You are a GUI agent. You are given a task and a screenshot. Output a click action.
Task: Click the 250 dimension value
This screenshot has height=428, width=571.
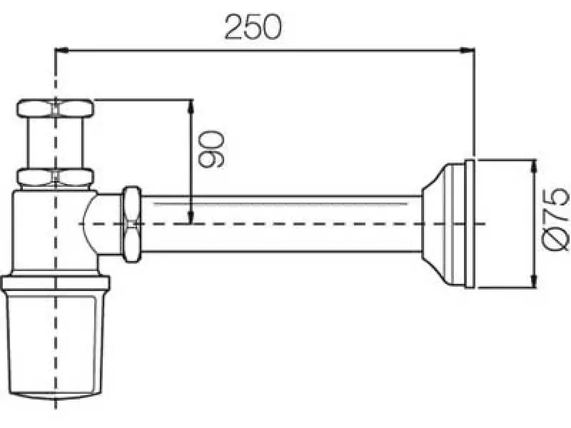(x=253, y=27)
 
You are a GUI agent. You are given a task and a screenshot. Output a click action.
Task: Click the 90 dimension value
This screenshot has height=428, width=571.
(x=211, y=148)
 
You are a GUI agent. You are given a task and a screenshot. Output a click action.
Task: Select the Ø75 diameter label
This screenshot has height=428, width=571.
(x=555, y=219)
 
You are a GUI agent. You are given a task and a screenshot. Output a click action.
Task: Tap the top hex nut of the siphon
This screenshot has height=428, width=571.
(x=55, y=111)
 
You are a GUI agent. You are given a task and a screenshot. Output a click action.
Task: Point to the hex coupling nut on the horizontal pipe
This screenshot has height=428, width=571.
(x=132, y=223)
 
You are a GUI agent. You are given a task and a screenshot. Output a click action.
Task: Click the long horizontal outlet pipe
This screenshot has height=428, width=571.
(x=278, y=223)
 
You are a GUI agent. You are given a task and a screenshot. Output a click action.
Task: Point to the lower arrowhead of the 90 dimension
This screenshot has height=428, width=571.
(x=191, y=217)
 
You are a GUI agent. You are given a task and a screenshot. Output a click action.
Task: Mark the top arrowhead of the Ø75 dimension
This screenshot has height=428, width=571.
(x=534, y=166)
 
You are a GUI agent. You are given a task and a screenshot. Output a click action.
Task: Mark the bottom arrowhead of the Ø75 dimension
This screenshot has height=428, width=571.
(x=534, y=281)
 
